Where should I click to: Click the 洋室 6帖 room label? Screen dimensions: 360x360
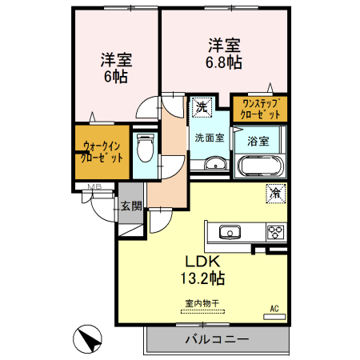coord(116,67)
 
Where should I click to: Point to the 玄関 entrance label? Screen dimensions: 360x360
coord(131,206)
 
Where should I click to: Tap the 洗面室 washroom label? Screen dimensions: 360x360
coord(210,137)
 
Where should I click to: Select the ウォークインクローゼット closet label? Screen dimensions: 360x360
coord(102,152)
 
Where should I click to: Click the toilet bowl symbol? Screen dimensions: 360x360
coord(145,149)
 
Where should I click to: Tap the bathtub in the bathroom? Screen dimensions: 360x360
coord(259,167)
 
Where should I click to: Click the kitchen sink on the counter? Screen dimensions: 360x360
coord(230,233)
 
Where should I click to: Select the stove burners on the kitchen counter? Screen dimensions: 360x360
coord(275,233)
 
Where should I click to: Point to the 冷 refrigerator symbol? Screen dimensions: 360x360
coord(275,192)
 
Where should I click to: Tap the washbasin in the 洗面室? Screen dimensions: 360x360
coord(214,165)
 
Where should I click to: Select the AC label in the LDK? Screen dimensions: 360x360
coord(274,308)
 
